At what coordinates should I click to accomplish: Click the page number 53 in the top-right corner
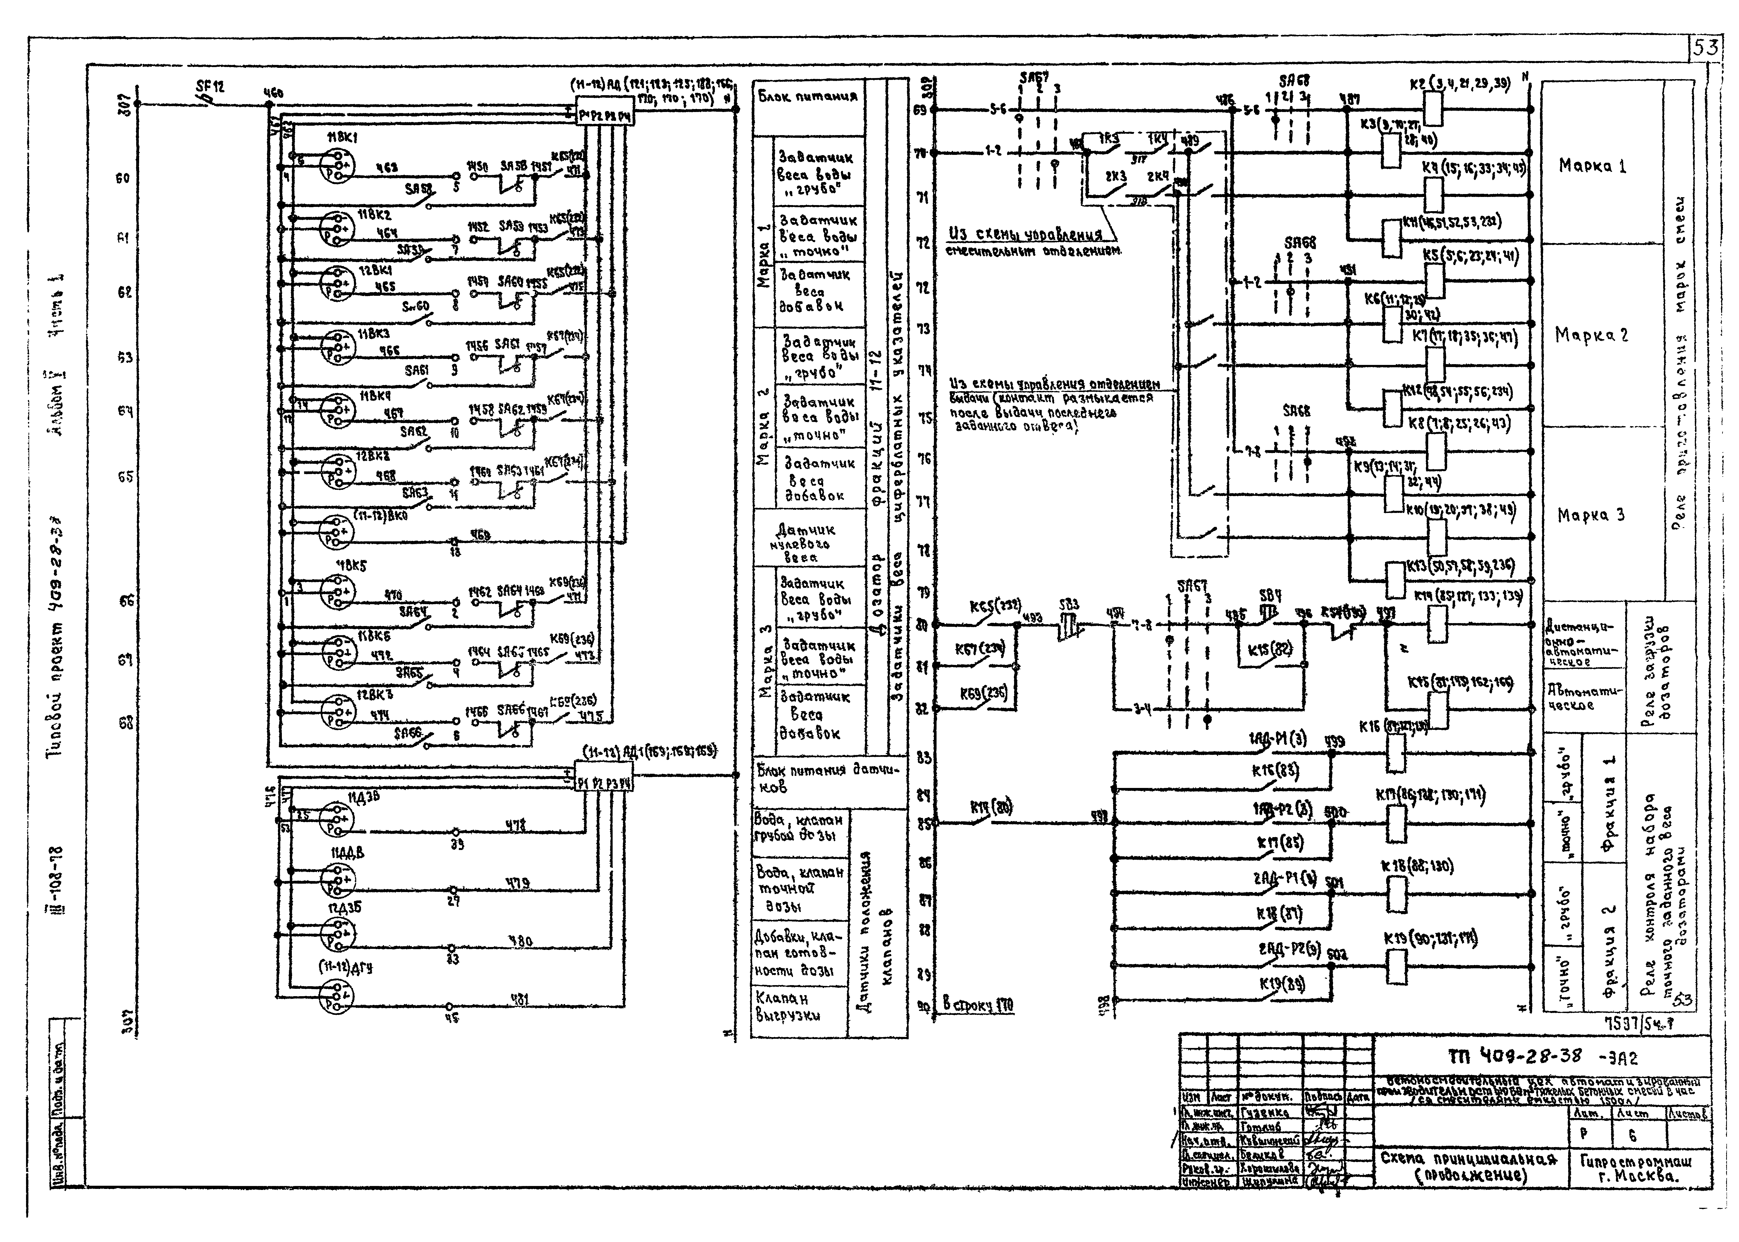coord(1705,49)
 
